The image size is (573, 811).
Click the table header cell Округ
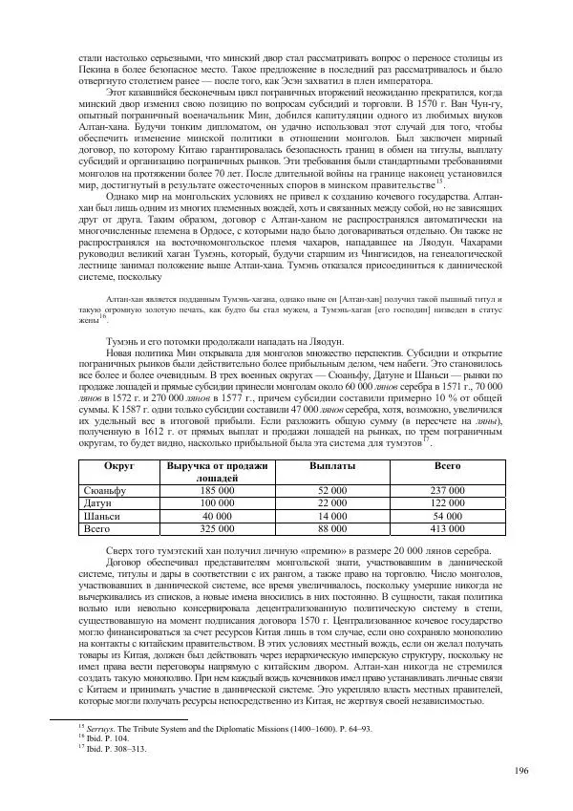pos(119,464)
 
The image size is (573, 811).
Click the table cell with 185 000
pos(216,488)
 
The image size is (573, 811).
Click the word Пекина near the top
pos(94,71)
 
